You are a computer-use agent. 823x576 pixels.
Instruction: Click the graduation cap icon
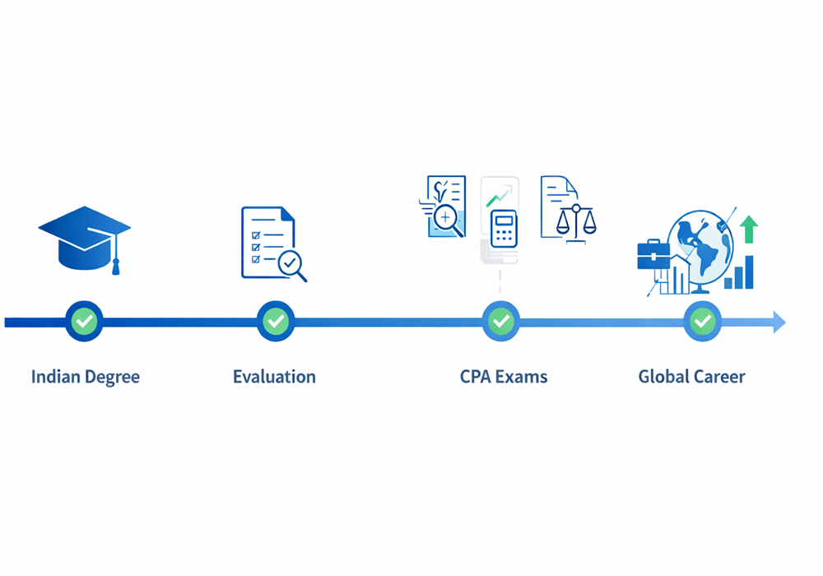pos(85,239)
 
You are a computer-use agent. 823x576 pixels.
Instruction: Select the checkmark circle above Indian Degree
pos(84,321)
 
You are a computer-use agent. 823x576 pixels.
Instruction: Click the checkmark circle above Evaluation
pos(276,321)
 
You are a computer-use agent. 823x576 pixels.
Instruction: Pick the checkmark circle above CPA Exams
pos(500,321)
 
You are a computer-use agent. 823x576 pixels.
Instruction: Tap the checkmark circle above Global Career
pos(702,321)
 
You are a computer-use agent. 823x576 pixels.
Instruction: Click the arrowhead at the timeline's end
pos(779,322)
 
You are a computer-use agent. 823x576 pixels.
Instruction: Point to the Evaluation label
pos(275,377)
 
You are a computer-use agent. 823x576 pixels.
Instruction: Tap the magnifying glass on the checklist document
pos(292,266)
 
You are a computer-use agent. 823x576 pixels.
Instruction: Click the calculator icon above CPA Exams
pos(504,229)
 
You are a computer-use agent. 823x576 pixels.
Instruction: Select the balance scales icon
pos(576,224)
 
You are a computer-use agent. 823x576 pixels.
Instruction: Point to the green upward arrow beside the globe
pos(749,230)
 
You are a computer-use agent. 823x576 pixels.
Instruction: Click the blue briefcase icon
pos(653,255)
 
